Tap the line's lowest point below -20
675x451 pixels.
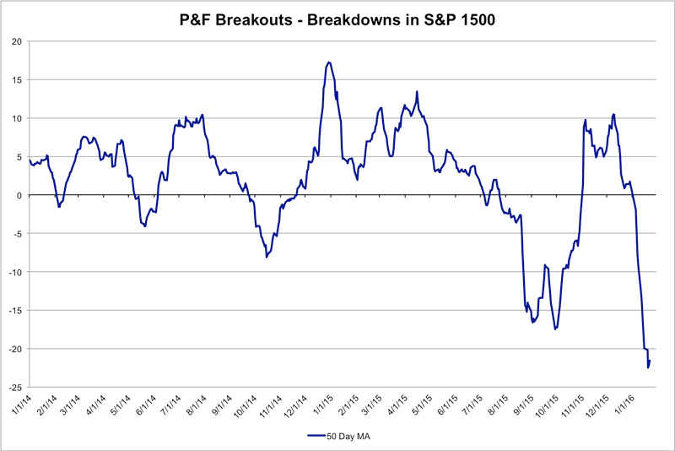(648, 367)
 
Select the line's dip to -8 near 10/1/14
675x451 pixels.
(267, 257)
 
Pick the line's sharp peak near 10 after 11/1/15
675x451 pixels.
(613, 114)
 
